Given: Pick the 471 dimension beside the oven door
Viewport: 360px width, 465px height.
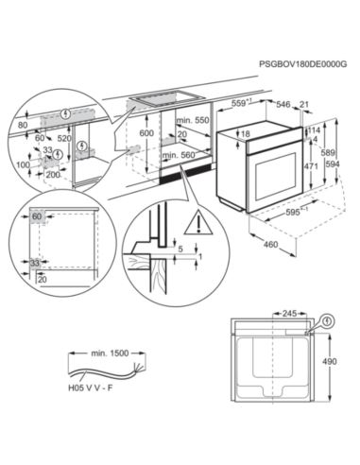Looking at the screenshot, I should pos(311,165).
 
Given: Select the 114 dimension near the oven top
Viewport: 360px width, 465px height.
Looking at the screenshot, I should pos(315,130).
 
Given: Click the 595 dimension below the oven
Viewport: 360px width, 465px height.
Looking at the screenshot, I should pos(295,213).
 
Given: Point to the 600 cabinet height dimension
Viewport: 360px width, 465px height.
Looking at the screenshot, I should pos(145,134).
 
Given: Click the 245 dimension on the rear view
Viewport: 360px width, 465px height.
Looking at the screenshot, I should pos(287,312).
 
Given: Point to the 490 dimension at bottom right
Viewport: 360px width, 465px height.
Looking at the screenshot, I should pos(341,361).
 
